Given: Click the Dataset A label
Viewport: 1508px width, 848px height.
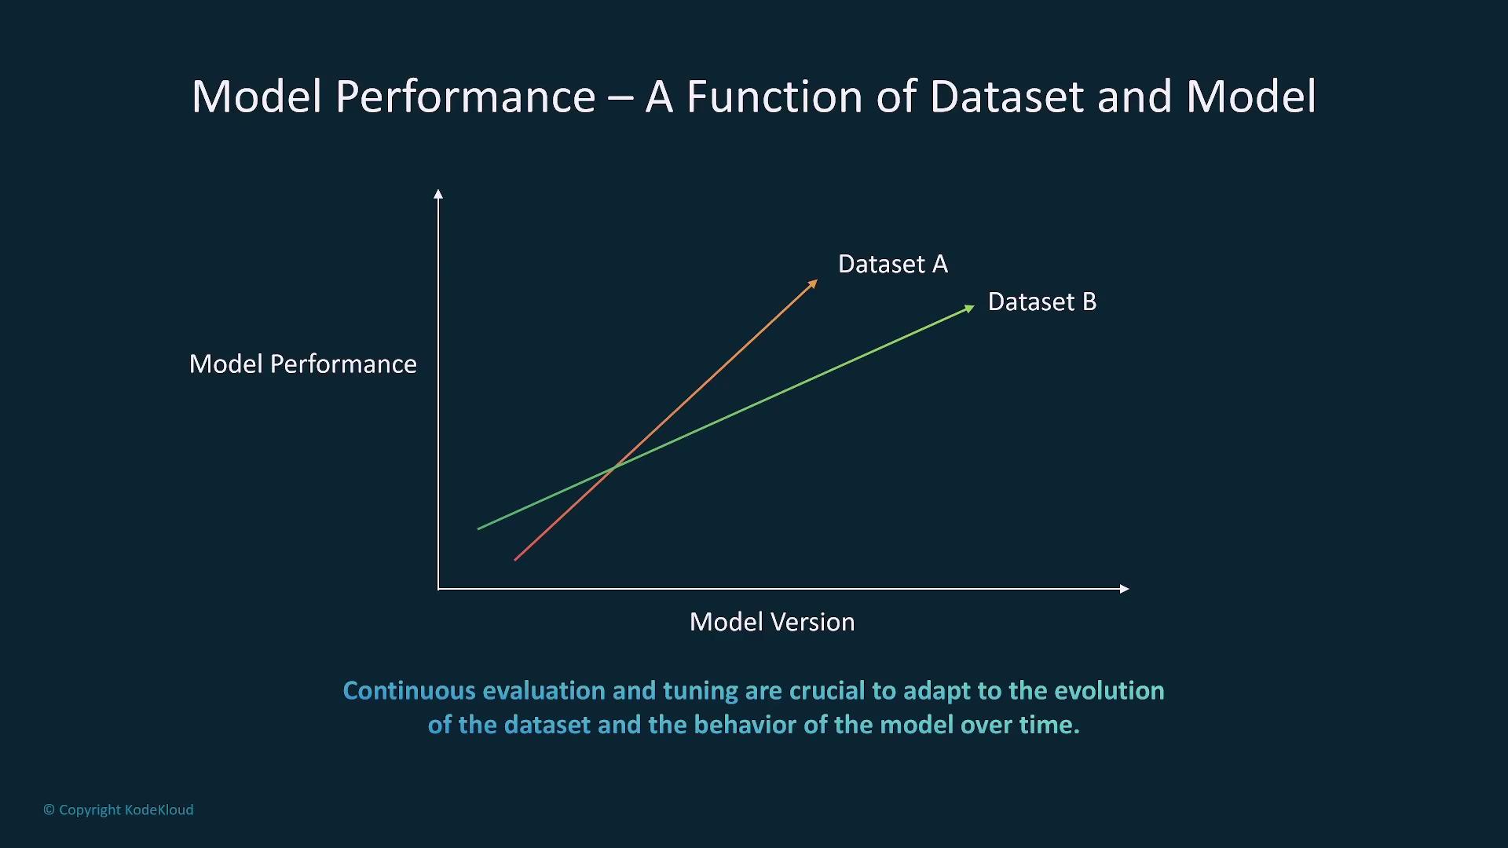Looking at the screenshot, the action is (x=893, y=264).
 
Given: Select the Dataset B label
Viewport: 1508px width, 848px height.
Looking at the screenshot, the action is (x=1042, y=302).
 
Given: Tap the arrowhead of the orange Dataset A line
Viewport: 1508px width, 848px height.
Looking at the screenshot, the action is (x=813, y=283).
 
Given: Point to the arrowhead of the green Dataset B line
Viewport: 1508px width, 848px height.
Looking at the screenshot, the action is (x=969, y=308).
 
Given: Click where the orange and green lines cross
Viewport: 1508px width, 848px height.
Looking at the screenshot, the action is (x=614, y=467).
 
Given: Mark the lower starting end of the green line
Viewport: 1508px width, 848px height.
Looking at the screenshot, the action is (x=478, y=529).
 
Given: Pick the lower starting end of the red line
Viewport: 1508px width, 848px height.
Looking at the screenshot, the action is (x=514, y=560).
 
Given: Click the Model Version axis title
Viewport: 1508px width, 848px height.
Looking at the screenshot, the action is (x=772, y=622).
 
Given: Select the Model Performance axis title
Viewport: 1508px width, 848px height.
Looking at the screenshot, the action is (x=303, y=364).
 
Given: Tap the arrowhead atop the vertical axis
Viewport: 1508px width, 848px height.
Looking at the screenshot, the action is (x=438, y=193).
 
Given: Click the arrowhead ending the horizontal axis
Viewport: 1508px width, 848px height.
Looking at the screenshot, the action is (x=1125, y=588).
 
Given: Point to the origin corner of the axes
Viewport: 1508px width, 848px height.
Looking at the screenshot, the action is (x=438, y=588).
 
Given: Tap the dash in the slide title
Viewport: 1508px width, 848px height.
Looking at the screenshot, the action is (x=620, y=99).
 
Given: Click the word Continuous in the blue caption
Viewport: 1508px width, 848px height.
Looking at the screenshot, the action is (x=409, y=690).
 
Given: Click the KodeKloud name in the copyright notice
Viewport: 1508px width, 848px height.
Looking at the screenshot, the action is (x=159, y=810).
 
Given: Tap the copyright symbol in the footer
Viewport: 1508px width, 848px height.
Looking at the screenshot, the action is (x=49, y=810).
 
